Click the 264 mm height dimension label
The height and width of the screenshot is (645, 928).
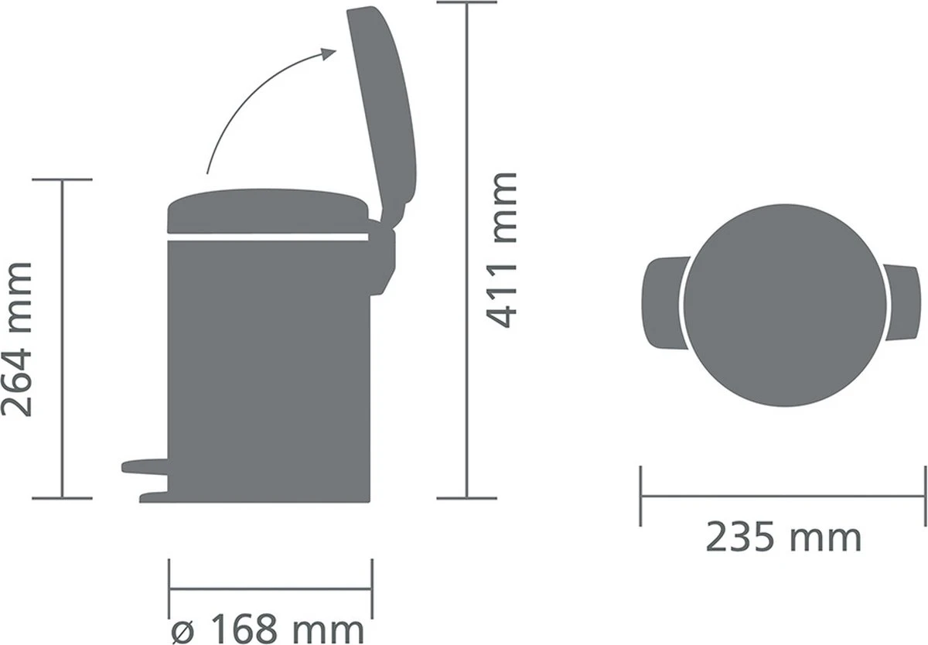[17, 340]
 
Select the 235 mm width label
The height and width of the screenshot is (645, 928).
[783, 537]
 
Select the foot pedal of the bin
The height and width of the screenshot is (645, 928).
[145, 466]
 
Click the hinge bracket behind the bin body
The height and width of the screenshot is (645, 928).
[383, 255]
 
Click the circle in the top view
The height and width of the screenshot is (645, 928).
[783, 303]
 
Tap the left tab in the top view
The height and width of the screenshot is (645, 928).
[662, 303]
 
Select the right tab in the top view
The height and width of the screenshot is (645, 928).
[903, 303]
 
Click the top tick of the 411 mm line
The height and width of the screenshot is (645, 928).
[466, 2]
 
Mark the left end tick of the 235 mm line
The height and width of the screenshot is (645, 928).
[641, 496]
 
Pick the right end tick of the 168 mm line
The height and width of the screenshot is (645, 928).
[372, 589]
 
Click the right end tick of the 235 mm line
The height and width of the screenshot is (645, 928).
[925, 496]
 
